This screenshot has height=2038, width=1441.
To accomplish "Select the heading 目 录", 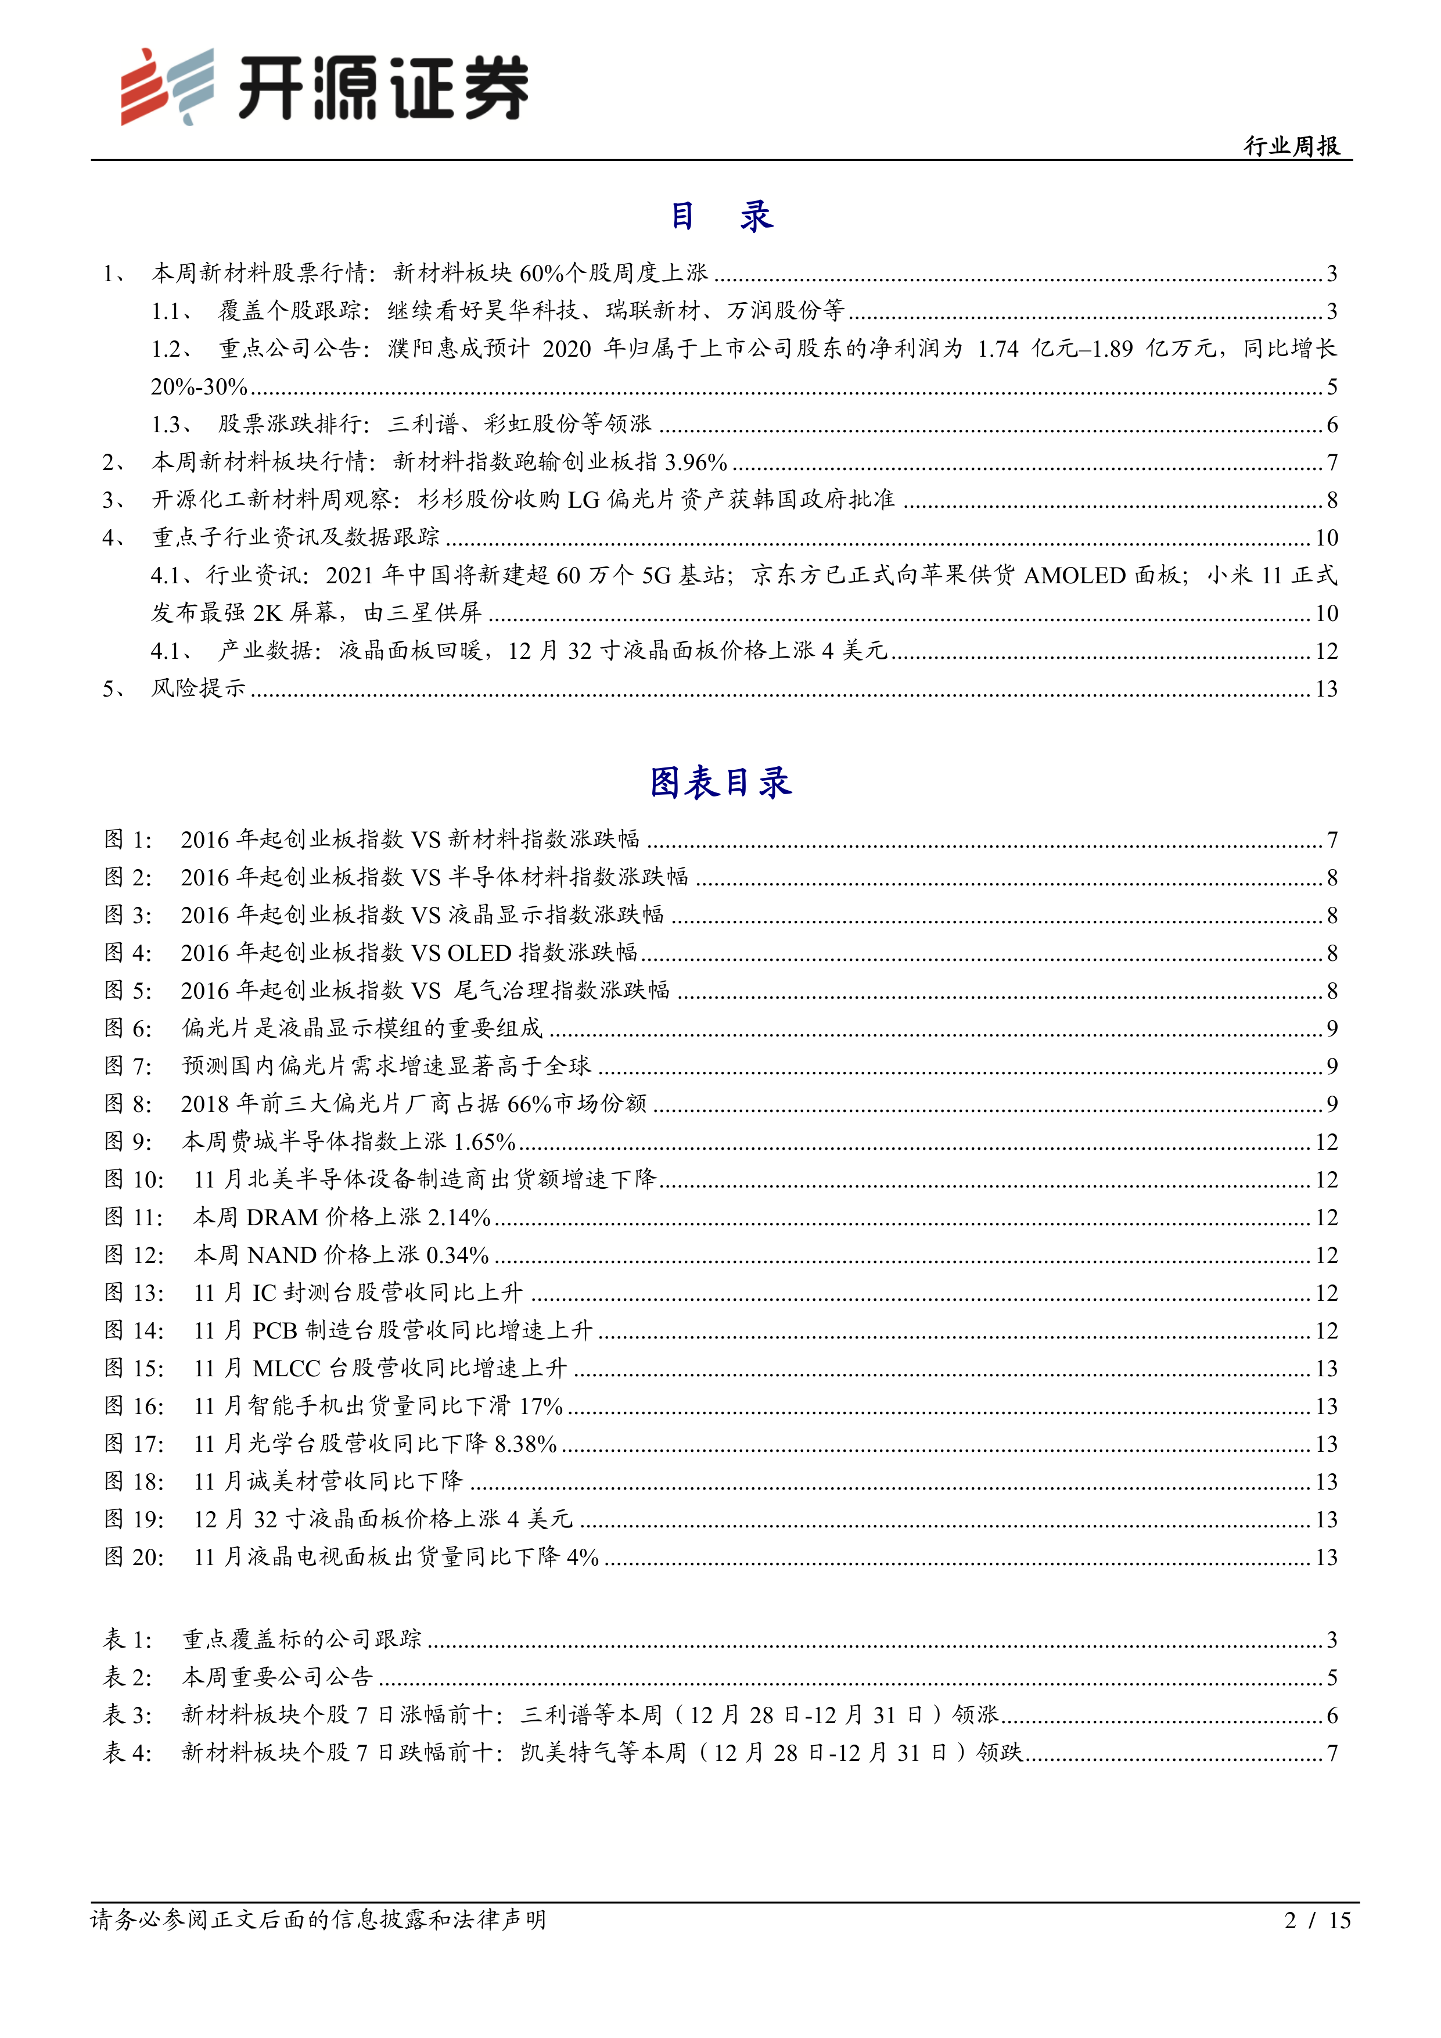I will pyautogui.click(x=720, y=216).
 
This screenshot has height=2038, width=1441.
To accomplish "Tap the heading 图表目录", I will pyautogui.click(x=720, y=782).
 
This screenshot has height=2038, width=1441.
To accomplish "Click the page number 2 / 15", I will pyautogui.click(x=1317, y=1920).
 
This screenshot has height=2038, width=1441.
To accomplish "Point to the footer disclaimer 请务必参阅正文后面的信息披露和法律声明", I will pyautogui.click(x=318, y=1920).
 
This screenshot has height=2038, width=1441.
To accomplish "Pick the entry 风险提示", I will pyautogui.click(x=198, y=689).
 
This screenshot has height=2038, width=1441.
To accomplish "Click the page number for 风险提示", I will pyautogui.click(x=1325, y=689).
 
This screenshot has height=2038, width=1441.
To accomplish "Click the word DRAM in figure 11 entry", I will pyautogui.click(x=282, y=1217).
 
